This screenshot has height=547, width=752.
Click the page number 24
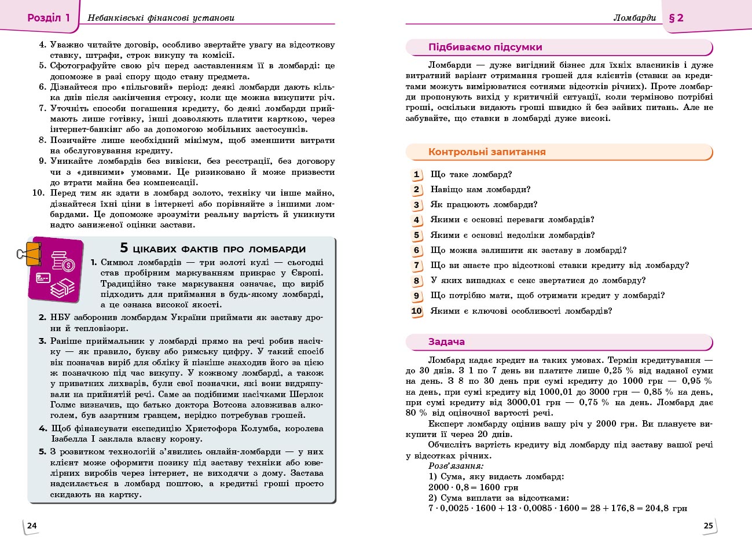(x=32, y=526)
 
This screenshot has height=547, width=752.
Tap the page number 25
(x=709, y=526)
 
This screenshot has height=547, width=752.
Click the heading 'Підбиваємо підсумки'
(x=485, y=47)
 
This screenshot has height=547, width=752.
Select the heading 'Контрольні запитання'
(x=487, y=152)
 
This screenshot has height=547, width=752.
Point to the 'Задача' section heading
(x=446, y=342)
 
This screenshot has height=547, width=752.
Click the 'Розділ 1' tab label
(x=48, y=17)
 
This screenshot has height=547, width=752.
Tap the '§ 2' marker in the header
(x=676, y=17)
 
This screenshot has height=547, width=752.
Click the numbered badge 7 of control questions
(x=416, y=266)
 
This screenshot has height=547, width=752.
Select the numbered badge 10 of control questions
(x=417, y=311)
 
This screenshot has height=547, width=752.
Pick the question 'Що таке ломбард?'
(x=471, y=174)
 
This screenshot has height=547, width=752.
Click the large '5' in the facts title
(x=124, y=248)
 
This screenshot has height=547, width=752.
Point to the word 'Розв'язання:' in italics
(x=456, y=465)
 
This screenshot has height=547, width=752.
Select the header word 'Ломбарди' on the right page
(x=634, y=18)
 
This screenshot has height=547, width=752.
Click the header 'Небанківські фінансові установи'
(x=161, y=18)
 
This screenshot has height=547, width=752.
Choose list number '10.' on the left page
(x=38, y=193)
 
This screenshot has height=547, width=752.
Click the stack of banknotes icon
(x=63, y=287)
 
